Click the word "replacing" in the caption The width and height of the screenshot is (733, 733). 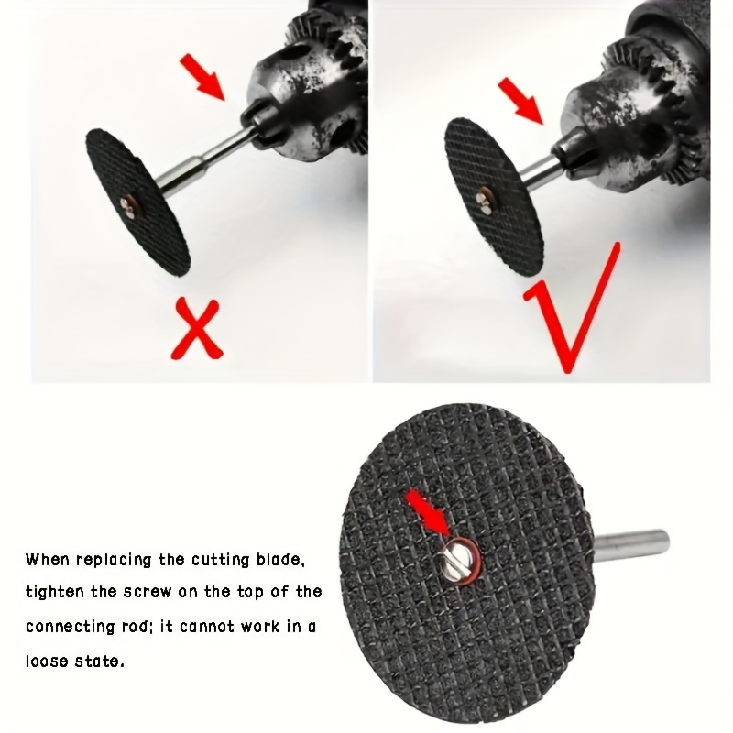(108, 559)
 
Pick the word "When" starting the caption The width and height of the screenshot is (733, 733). (46, 559)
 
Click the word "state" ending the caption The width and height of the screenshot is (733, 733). (101, 661)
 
